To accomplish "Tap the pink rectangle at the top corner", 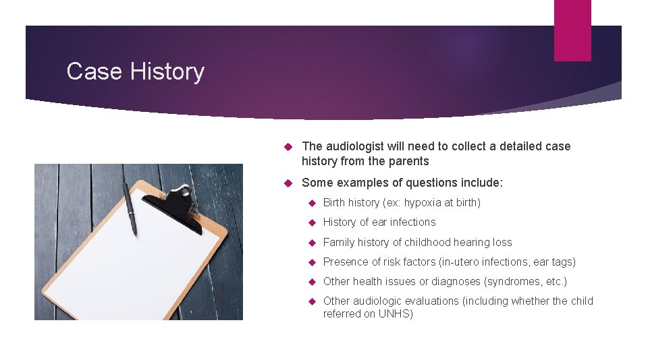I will tap(572, 30).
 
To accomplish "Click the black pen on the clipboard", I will tap(130, 208).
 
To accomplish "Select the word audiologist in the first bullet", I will tap(358, 146).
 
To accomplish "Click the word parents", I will tap(408, 161).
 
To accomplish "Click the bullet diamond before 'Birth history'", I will tap(312, 203).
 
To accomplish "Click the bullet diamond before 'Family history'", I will tap(312, 243).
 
